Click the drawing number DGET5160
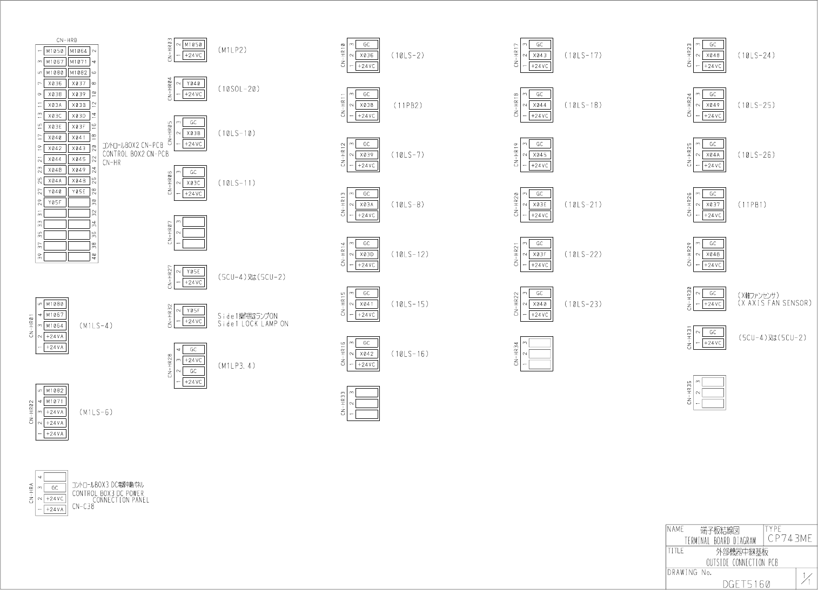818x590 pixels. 746,584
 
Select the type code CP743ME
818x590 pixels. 789,539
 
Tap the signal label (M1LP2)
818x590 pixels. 232,50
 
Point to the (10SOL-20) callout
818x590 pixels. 238,89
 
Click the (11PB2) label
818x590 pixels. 407,105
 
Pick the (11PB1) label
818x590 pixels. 752,205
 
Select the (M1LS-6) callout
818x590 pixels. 96,412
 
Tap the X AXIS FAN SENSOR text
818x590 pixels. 775,303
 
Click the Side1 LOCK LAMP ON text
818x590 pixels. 253,324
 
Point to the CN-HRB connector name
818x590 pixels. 66,40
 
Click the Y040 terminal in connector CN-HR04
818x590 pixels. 193,84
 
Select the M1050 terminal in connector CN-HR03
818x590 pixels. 193,45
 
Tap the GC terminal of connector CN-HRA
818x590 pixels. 55,488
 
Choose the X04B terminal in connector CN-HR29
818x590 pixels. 713,254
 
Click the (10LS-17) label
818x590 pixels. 582,56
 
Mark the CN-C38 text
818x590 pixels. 83,507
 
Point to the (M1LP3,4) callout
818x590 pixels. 236,366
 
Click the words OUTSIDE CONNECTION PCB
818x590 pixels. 741,562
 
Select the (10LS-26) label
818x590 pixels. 756,155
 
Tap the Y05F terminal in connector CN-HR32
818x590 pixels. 193,311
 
